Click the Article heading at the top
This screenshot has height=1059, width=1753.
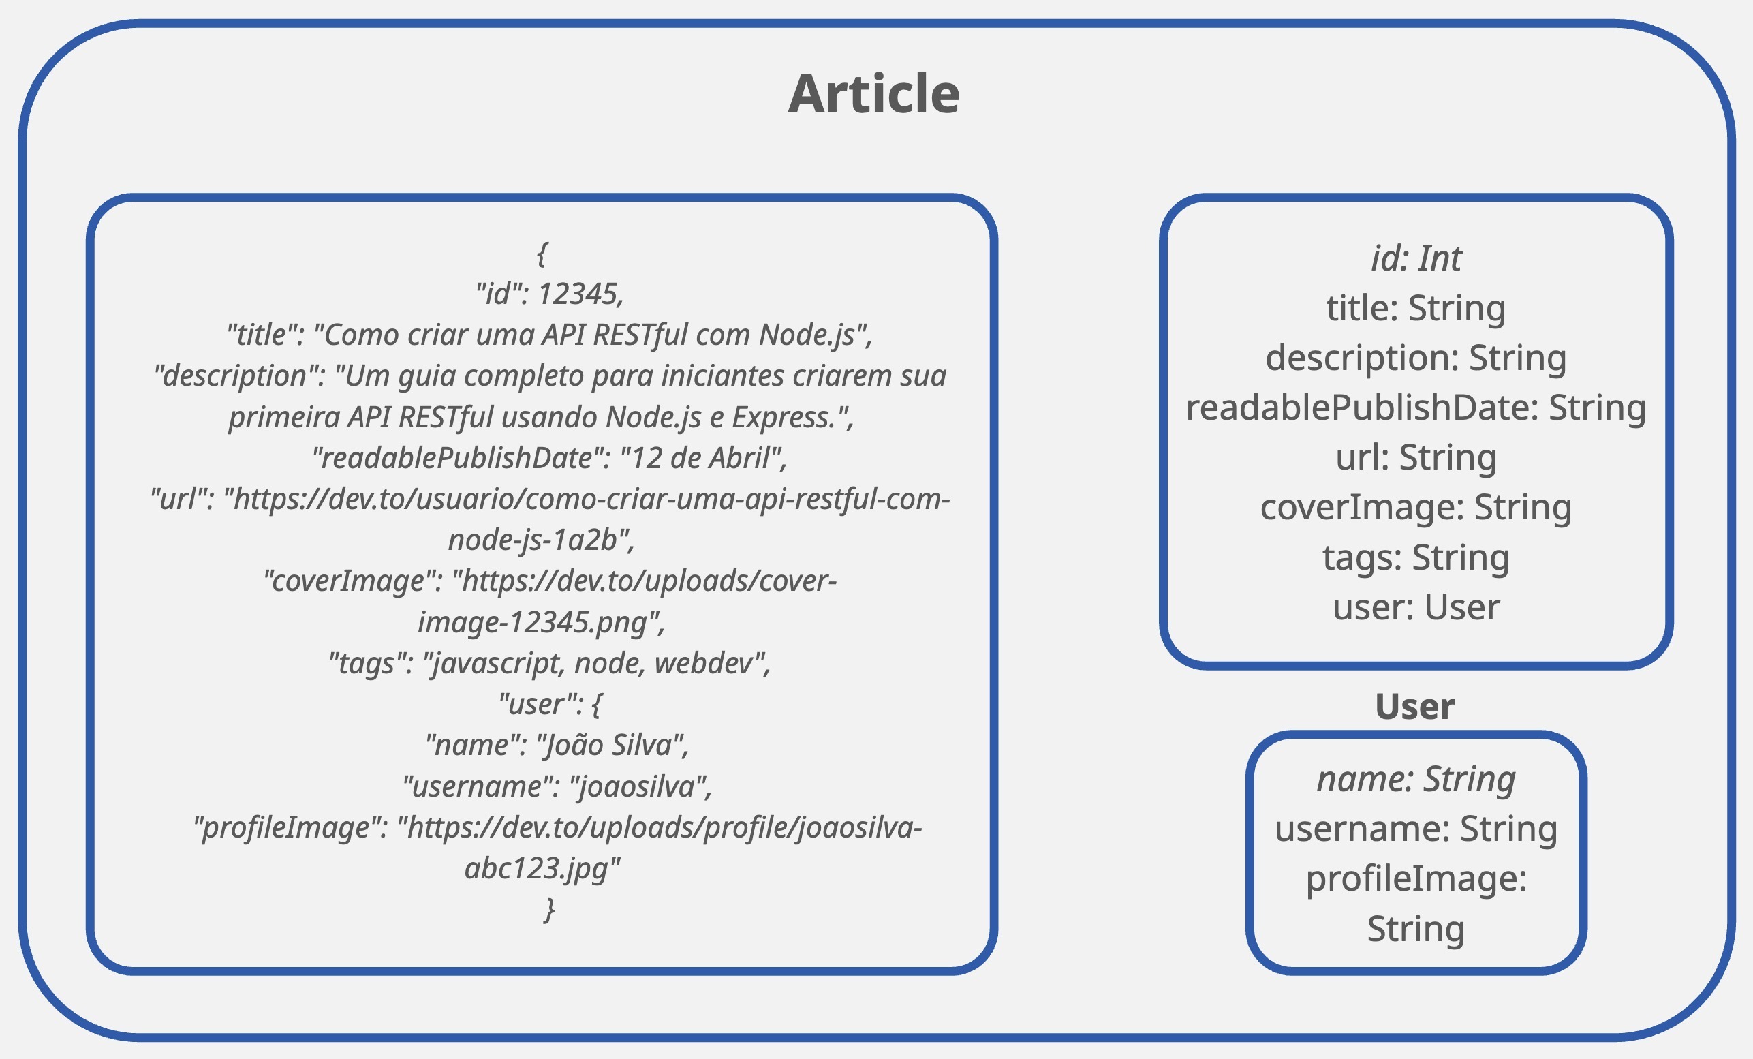[873, 93]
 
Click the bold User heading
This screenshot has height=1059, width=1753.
[1414, 707]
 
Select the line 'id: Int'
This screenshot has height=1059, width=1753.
[1416, 258]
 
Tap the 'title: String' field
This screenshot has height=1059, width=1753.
[1416, 309]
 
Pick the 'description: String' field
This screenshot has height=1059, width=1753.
[1416, 358]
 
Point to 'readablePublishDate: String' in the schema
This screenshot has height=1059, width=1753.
[1416, 408]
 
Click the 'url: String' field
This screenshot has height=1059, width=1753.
[1416, 458]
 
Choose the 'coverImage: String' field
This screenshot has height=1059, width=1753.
[1416, 508]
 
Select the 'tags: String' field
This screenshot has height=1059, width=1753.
[1416, 557]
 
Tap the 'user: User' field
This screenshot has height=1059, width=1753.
[1416, 607]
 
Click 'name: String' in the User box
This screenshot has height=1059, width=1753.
[1416, 780]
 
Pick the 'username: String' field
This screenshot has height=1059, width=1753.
[1416, 829]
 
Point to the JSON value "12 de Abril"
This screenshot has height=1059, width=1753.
[702, 458]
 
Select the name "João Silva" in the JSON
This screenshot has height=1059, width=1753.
[612, 745]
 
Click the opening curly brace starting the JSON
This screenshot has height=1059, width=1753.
[542, 254]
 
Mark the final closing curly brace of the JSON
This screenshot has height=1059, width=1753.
[549, 910]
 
